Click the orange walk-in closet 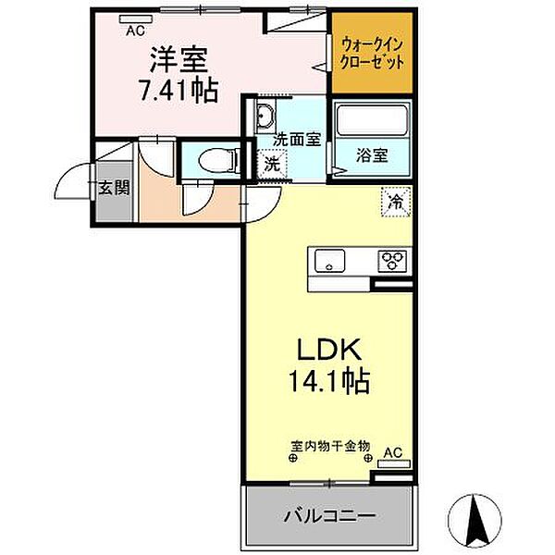coord(371,52)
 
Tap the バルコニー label coord(328,513)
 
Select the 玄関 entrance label coord(114,187)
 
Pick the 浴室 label coord(372,154)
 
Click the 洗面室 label coord(296,140)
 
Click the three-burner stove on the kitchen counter coord(392,260)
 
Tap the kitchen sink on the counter coord(329,262)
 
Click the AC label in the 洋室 coord(135,30)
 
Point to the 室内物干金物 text coord(329,445)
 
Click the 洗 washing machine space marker coord(272,166)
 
